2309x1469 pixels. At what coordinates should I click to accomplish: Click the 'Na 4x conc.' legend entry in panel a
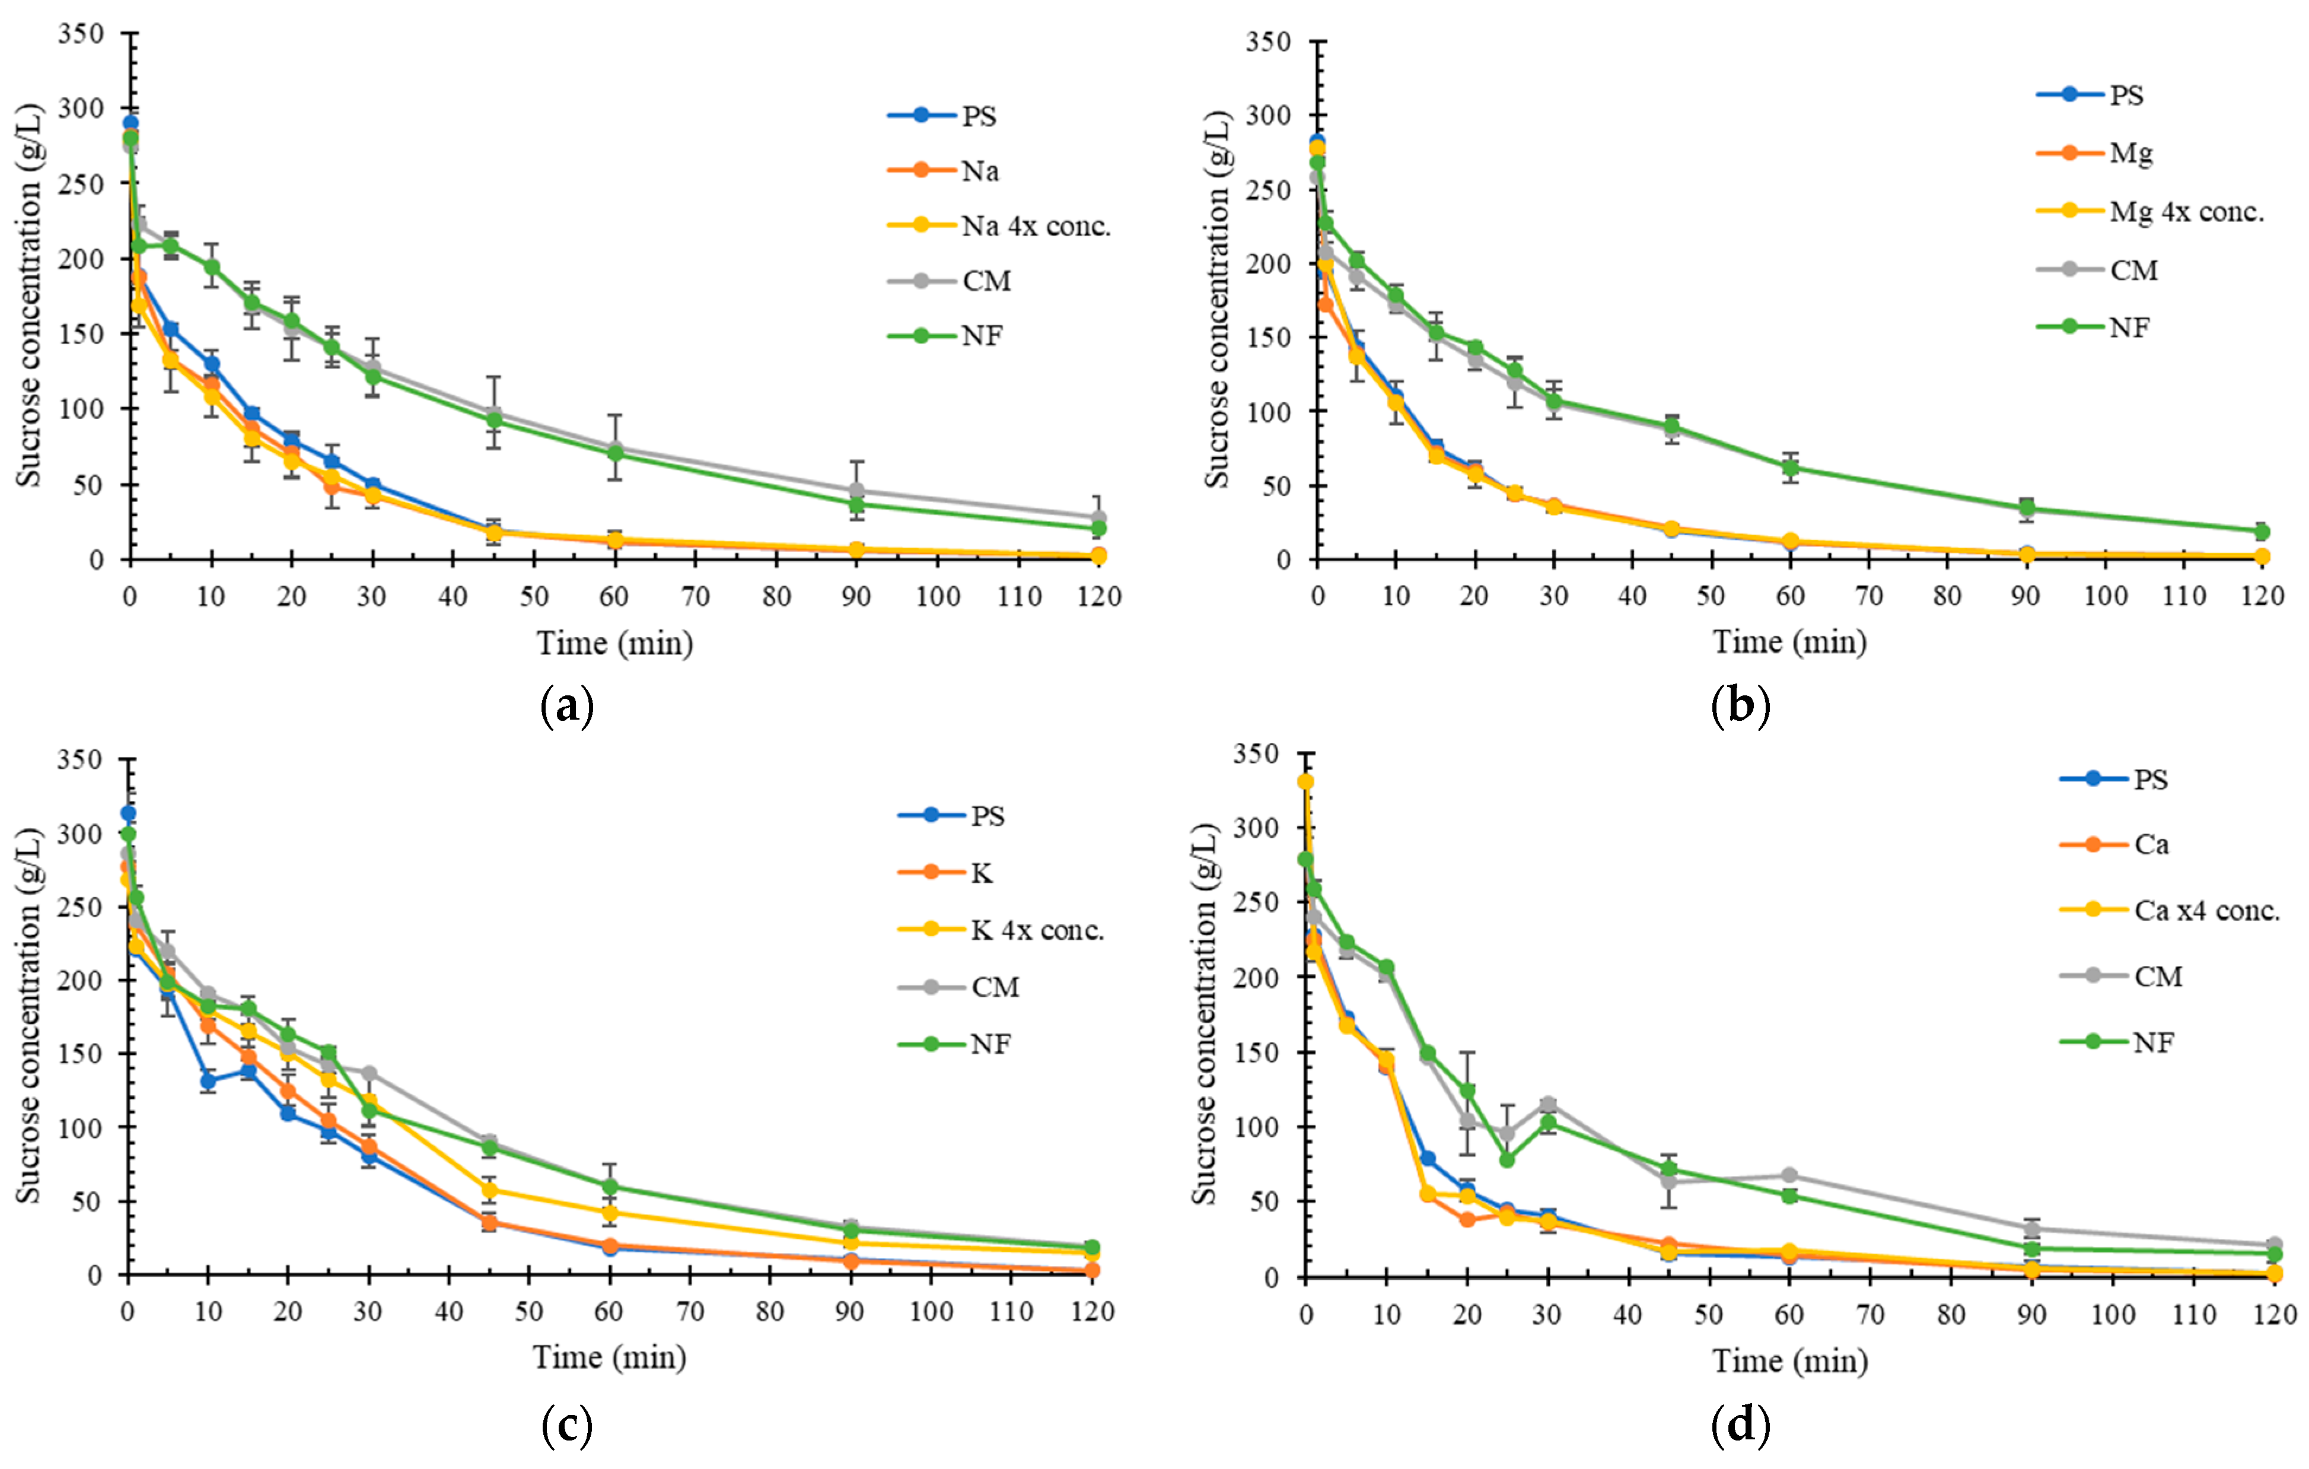click(x=1036, y=226)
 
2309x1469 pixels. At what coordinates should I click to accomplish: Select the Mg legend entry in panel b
click(x=2130, y=154)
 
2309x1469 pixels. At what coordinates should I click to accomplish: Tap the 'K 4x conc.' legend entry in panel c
click(x=1037, y=930)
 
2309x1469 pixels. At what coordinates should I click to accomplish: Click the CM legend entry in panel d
click(x=2158, y=976)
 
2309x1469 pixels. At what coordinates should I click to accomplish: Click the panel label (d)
click(x=1740, y=1425)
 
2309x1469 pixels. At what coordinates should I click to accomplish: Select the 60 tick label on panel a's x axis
click(x=614, y=596)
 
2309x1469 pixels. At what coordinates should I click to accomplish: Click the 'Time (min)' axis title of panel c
click(x=610, y=1357)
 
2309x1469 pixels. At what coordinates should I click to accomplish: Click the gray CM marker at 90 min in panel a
click(x=856, y=491)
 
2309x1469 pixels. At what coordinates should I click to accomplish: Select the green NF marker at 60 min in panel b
click(x=1789, y=468)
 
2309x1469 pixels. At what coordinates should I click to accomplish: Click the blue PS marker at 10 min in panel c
click(x=208, y=1080)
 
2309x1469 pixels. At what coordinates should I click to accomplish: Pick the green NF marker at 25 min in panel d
click(x=1507, y=1159)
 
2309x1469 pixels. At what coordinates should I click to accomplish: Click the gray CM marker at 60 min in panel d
click(x=1789, y=1175)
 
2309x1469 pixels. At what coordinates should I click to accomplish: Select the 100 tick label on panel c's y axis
click(x=81, y=1128)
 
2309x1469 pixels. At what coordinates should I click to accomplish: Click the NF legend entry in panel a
click(x=982, y=336)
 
